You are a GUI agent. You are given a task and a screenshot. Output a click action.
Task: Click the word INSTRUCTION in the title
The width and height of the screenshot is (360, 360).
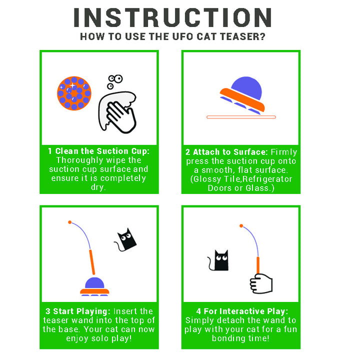[x=172, y=17]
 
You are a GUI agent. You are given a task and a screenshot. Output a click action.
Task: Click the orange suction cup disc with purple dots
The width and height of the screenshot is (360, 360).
[x=74, y=93]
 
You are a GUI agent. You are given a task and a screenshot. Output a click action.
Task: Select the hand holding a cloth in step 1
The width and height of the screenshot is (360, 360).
[x=117, y=112]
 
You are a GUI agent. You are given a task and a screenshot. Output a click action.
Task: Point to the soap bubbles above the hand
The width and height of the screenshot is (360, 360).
[x=115, y=81]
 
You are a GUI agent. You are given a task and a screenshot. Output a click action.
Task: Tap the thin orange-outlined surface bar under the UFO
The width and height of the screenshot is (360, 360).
[x=241, y=117]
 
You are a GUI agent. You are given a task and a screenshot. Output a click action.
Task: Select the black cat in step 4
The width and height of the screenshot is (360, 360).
[x=219, y=260]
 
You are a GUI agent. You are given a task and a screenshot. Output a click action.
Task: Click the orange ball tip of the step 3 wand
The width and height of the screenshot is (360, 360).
[x=70, y=222]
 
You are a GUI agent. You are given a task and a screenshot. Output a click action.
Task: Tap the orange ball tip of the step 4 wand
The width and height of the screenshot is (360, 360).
[x=241, y=226]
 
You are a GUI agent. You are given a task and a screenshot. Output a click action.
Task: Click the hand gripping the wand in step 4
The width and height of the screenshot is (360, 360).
[x=261, y=284]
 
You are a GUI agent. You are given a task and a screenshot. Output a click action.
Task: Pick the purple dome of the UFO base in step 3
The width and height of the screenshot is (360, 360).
[x=94, y=283]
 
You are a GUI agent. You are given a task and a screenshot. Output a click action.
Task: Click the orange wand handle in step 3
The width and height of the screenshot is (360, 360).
[x=92, y=262]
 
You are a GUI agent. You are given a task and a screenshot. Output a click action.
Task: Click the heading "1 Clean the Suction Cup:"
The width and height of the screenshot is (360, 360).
[x=98, y=151]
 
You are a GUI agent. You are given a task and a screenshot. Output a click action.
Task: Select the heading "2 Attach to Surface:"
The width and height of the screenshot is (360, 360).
[x=226, y=152]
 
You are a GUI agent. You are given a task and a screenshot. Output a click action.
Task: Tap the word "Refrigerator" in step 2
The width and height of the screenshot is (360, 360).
[x=267, y=179]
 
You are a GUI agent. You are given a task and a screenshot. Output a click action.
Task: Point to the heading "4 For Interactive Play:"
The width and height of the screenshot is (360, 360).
[x=242, y=311]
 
